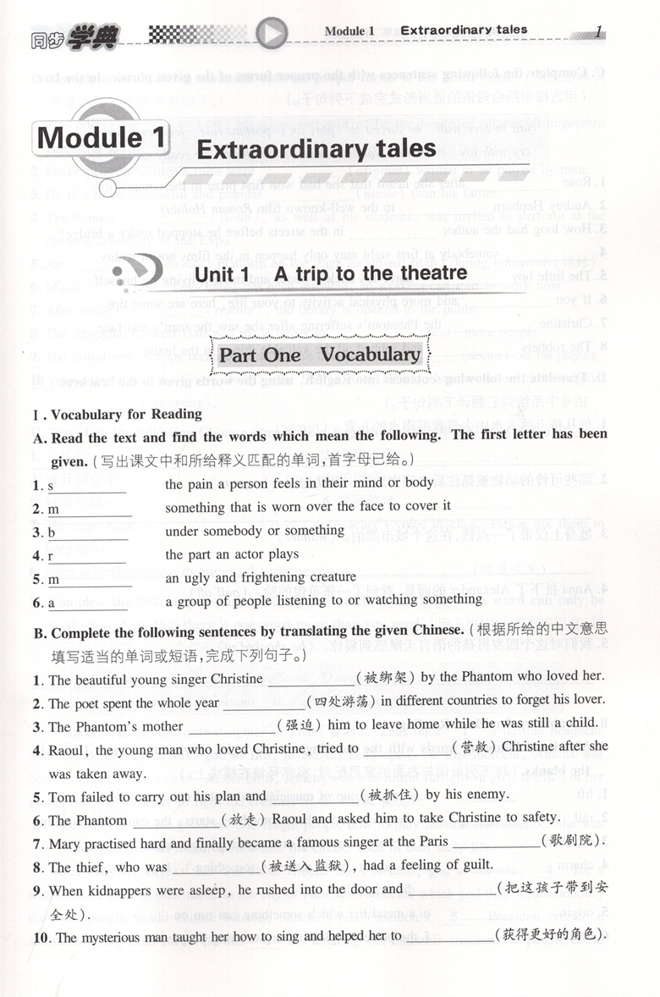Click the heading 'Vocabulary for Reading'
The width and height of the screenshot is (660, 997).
[x=126, y=415]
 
